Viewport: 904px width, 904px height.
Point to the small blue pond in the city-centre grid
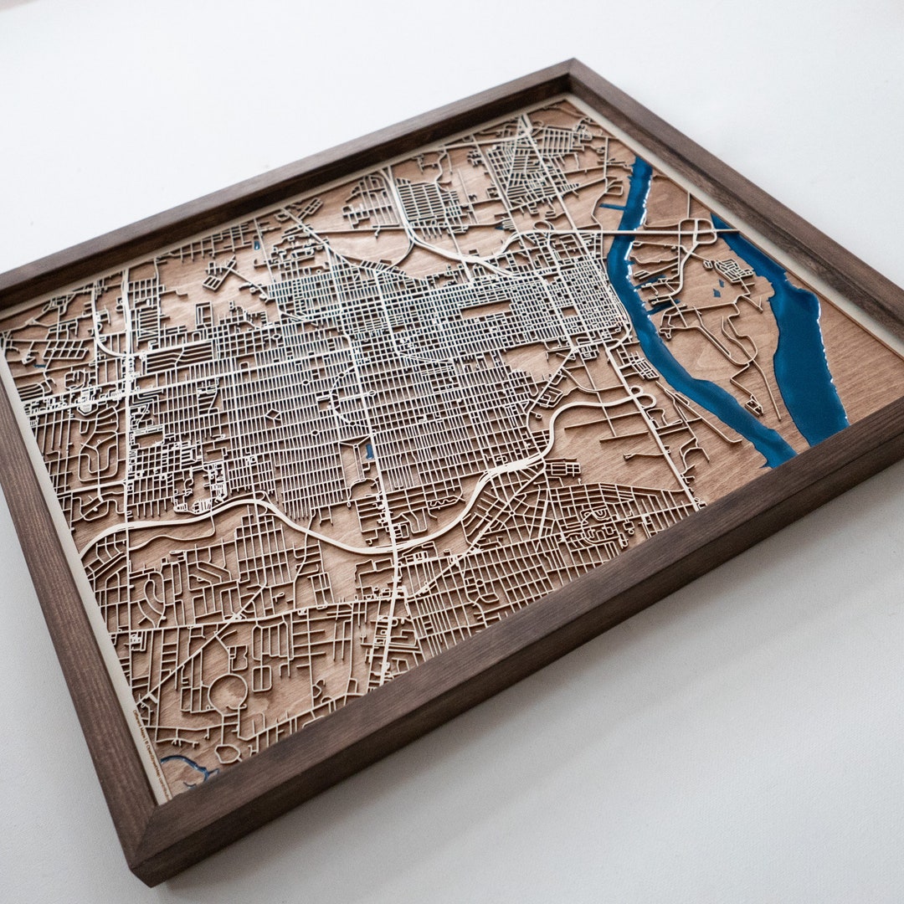369,452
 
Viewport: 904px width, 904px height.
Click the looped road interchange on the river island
695,230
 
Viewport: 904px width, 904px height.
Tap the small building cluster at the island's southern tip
752,407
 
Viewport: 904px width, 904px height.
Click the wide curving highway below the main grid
335,536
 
